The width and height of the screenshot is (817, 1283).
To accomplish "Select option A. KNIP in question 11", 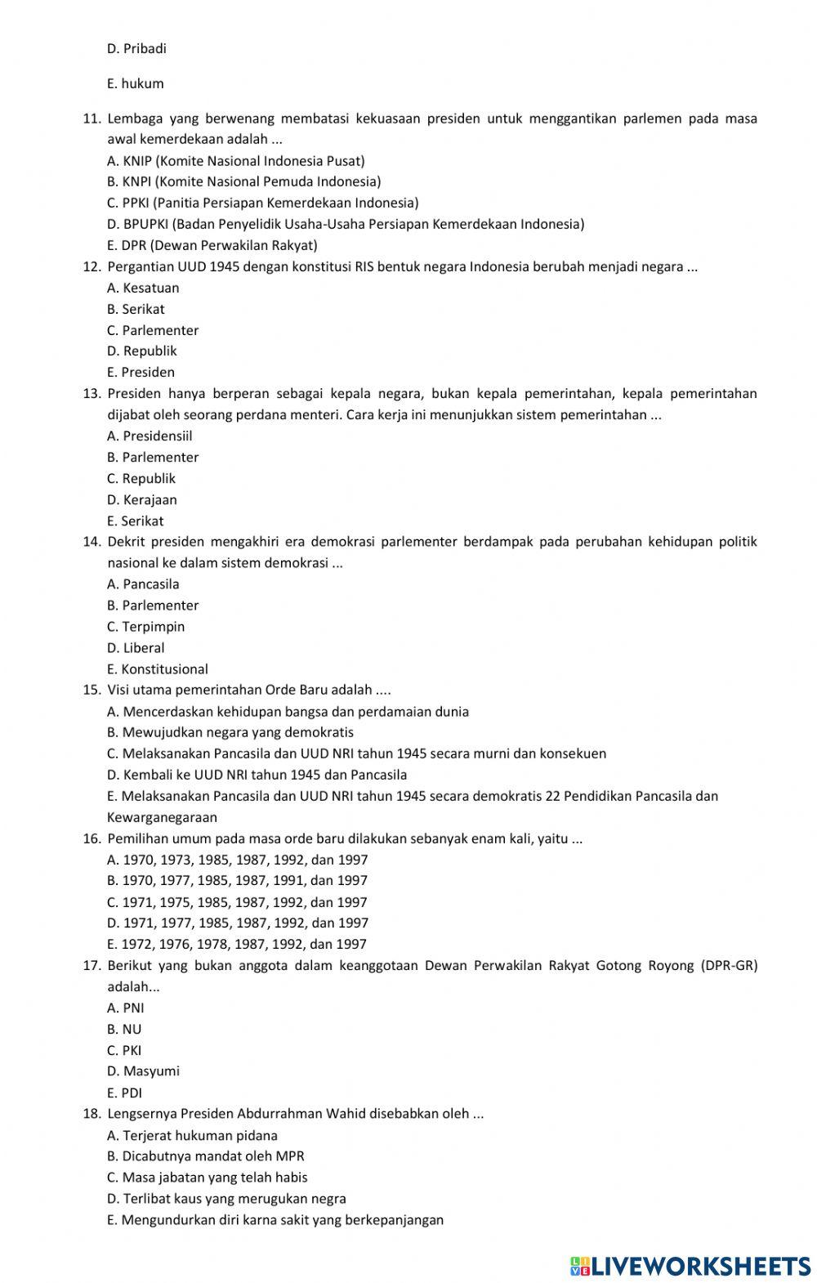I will click(x=235, y=161).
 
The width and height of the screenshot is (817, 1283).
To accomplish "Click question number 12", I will click(x=92, y=266).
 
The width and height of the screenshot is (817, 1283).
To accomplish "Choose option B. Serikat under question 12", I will click(x=136, y=309).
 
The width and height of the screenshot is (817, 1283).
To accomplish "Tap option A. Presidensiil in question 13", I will click(x=150, y=436).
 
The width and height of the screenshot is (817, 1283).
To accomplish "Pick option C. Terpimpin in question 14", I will click(x=145, y=627).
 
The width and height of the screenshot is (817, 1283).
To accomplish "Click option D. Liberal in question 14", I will click(x=136, y=648).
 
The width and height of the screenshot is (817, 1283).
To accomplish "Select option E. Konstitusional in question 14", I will click(x=157, y=669).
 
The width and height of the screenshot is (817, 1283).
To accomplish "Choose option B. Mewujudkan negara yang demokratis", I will click(x=230, y=733).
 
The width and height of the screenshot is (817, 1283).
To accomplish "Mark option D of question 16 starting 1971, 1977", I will click(x=238, y=923).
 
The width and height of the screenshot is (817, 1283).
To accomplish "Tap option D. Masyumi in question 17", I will click(x=143, y=1071).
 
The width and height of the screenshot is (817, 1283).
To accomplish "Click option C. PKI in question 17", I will click(x=124, y=1050).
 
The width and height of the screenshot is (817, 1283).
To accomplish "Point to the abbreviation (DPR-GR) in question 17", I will click(x=729, y=965).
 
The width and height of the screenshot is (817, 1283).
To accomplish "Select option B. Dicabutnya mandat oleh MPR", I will click(x=206, y=1156).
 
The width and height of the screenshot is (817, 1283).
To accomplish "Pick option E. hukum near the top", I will click(x=136, y=83).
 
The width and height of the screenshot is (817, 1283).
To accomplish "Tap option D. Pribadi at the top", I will click(x=136, y=48).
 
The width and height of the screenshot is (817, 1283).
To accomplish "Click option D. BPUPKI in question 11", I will click(x=346, y=224).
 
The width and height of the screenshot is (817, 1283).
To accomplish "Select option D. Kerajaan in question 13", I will click(x=141, y=499).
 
